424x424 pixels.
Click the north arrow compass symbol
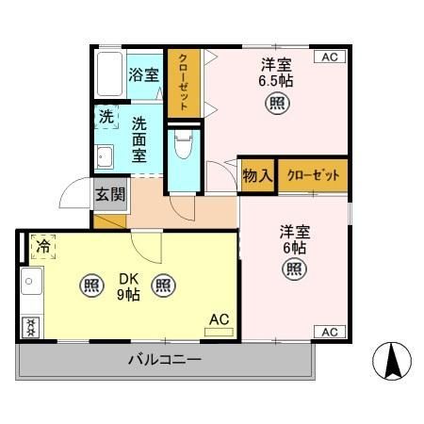coord(392,361)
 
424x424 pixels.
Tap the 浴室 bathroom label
coord(144,75)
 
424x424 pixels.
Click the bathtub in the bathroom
coord(109,74)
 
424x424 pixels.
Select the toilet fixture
coord(184,144)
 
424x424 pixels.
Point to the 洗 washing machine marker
coord(106,117)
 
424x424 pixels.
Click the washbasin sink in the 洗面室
coord(104,156)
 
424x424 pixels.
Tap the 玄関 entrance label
coord(110,194)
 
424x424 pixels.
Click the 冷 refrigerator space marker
coord(43,247)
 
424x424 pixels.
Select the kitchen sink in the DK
coord(31,281)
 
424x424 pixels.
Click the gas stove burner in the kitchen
coord(30,327)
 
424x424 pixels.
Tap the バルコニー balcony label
coord(165,359)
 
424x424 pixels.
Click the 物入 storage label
coord(257,175)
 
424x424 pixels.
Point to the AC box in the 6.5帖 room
coord(330,57)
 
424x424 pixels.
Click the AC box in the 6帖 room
coord(330,332)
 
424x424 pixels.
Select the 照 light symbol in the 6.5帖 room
coord(278,103)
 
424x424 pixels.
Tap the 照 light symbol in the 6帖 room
coord(295,269)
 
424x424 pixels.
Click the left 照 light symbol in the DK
coord(91,285)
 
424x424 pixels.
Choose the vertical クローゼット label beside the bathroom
coord(184,82)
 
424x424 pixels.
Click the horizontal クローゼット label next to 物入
coord(313,175)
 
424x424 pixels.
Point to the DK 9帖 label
coord(129,286)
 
